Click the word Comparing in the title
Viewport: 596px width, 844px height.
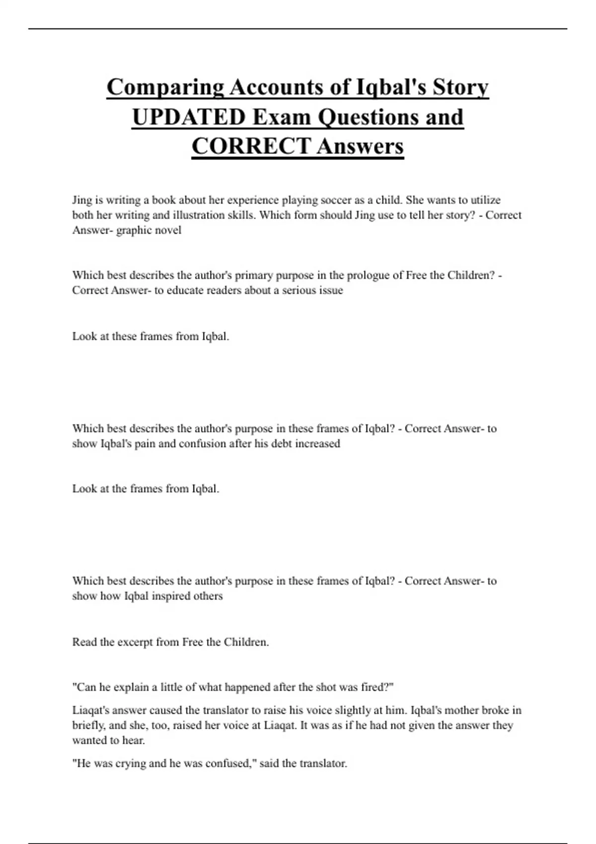coord(165,88)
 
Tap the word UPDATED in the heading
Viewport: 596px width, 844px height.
coord(189,118)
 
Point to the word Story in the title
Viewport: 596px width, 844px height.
coord(460,88)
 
